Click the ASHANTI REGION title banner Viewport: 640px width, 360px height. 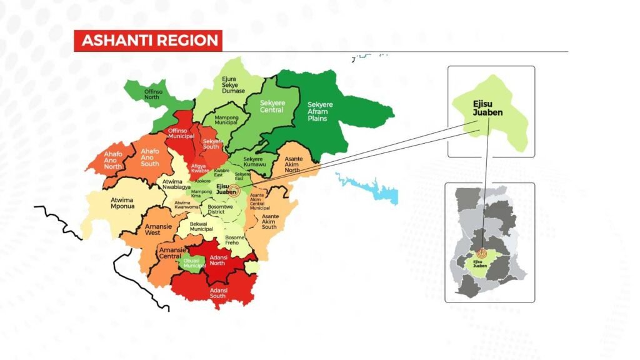(x=148, y=41)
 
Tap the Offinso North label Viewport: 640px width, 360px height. (x=152, y=93)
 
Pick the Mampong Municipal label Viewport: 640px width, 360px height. (x=226, y=119)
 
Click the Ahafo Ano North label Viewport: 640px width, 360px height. (x=113, y=160)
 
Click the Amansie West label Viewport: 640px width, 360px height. (x=153, y=227)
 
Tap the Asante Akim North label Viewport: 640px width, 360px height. (x=293, y=164)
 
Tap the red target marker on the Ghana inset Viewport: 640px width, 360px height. (x=481, y=254)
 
